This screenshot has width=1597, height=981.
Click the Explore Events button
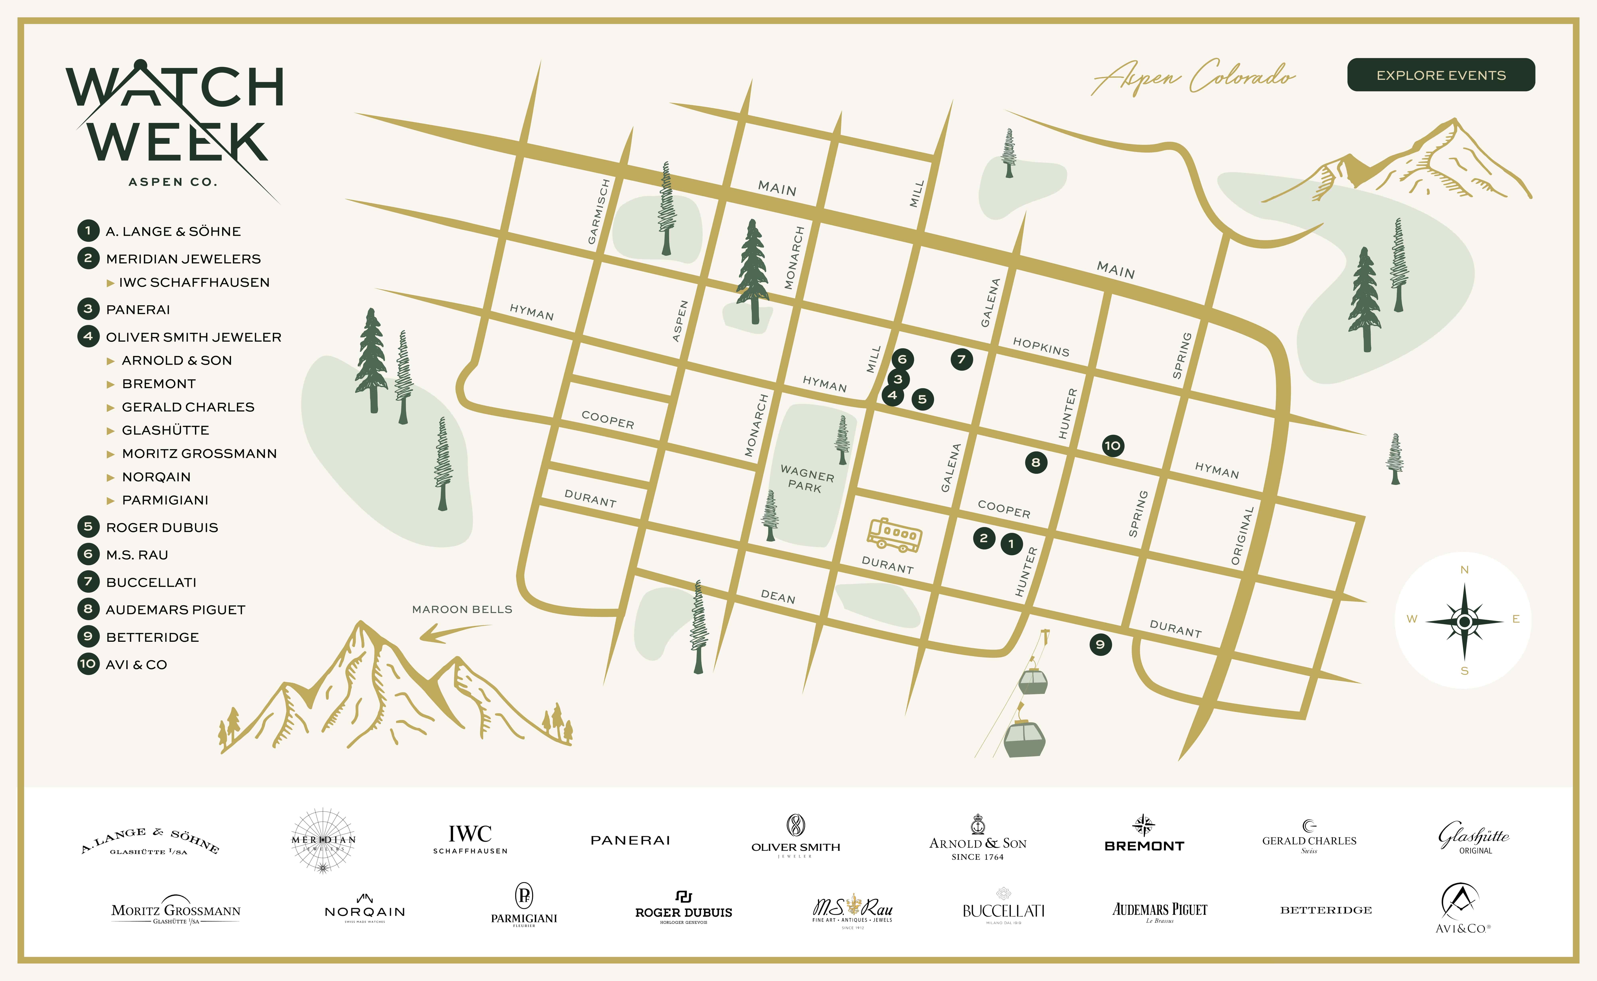(x=1441, y=75)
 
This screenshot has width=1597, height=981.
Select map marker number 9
(x=1100, y=644)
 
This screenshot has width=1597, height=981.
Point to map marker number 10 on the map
(x=1112, y=446)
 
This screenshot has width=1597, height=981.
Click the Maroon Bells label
(x=462, y=609)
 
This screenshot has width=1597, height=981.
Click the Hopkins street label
(x=1041, y=347)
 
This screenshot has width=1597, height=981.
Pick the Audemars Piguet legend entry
(x=175, y=610)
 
